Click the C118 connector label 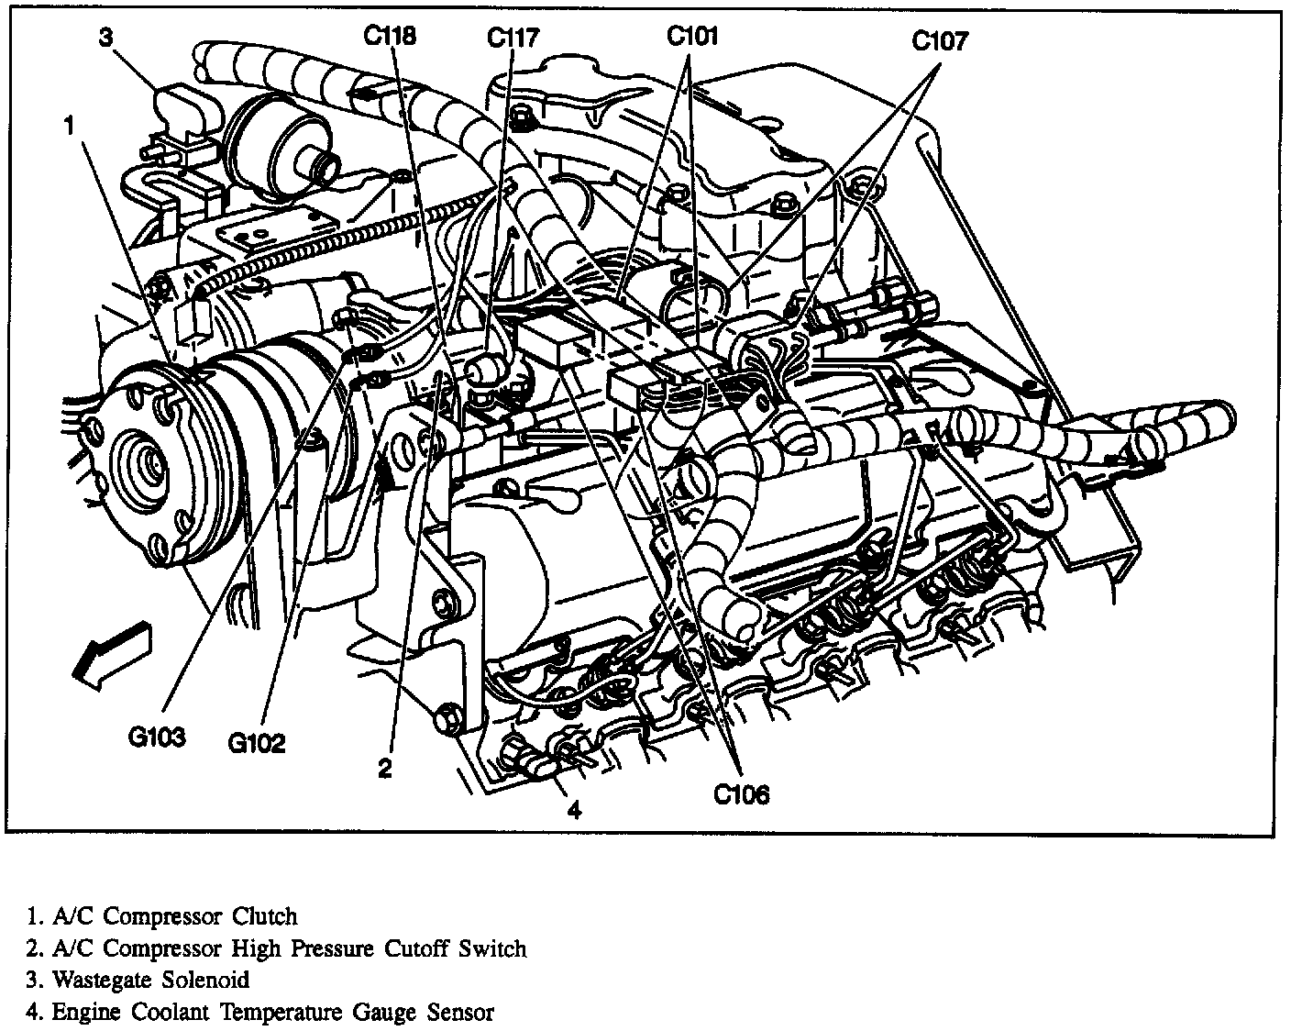pyautogui.click(x=389, y=37)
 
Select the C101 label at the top pyautogui.click(x=692, y=37)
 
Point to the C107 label pyautogui.click(x=940, y=41)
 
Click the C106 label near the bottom pyautogui.click(x=742, y=794)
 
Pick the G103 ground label pyautogui.click(x=157, y=737)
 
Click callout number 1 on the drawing pyautogui.click(x=70, y=127)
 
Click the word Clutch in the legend pyautogui.click(x=265, y=915)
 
